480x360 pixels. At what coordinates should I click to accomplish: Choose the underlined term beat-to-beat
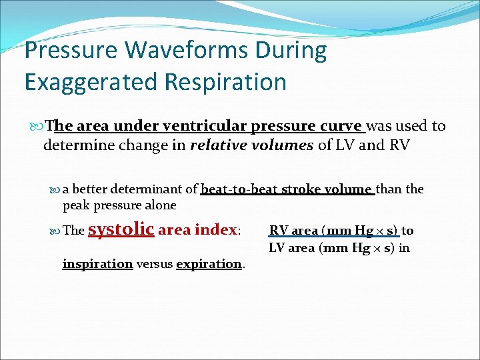pyautogui.click(x=239, y=189)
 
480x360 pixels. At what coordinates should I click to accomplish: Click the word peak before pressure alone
pyautogui.click(x=76, y=205)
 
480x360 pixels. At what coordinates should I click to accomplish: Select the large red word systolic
pyautogui.click(x=121, y=229)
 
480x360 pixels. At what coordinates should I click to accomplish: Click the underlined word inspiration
pyautogui.click(x=97, y=264)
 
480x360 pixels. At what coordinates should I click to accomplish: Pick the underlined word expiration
pyautogui.click(x=209, y=264)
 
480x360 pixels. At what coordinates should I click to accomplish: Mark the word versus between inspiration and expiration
pyautogui.click(x=154, y=264)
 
